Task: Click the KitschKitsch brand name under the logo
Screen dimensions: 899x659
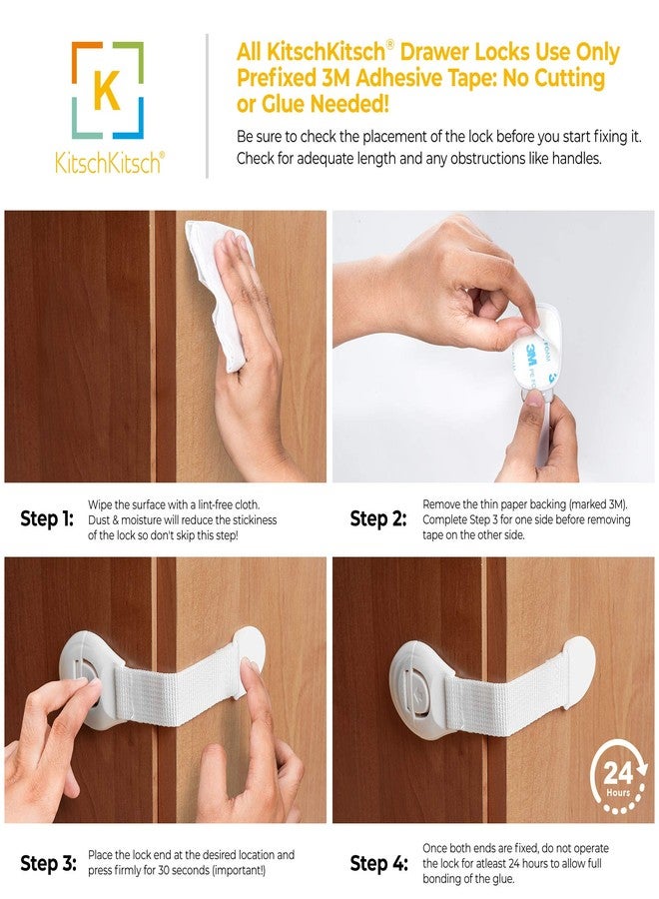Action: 107,163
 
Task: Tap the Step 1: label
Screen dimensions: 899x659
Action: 47,519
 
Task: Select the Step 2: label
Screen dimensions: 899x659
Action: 376,519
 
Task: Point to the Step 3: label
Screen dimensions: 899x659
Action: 47,862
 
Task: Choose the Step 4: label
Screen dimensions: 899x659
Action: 376,862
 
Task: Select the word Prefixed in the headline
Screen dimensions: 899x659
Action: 277,77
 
